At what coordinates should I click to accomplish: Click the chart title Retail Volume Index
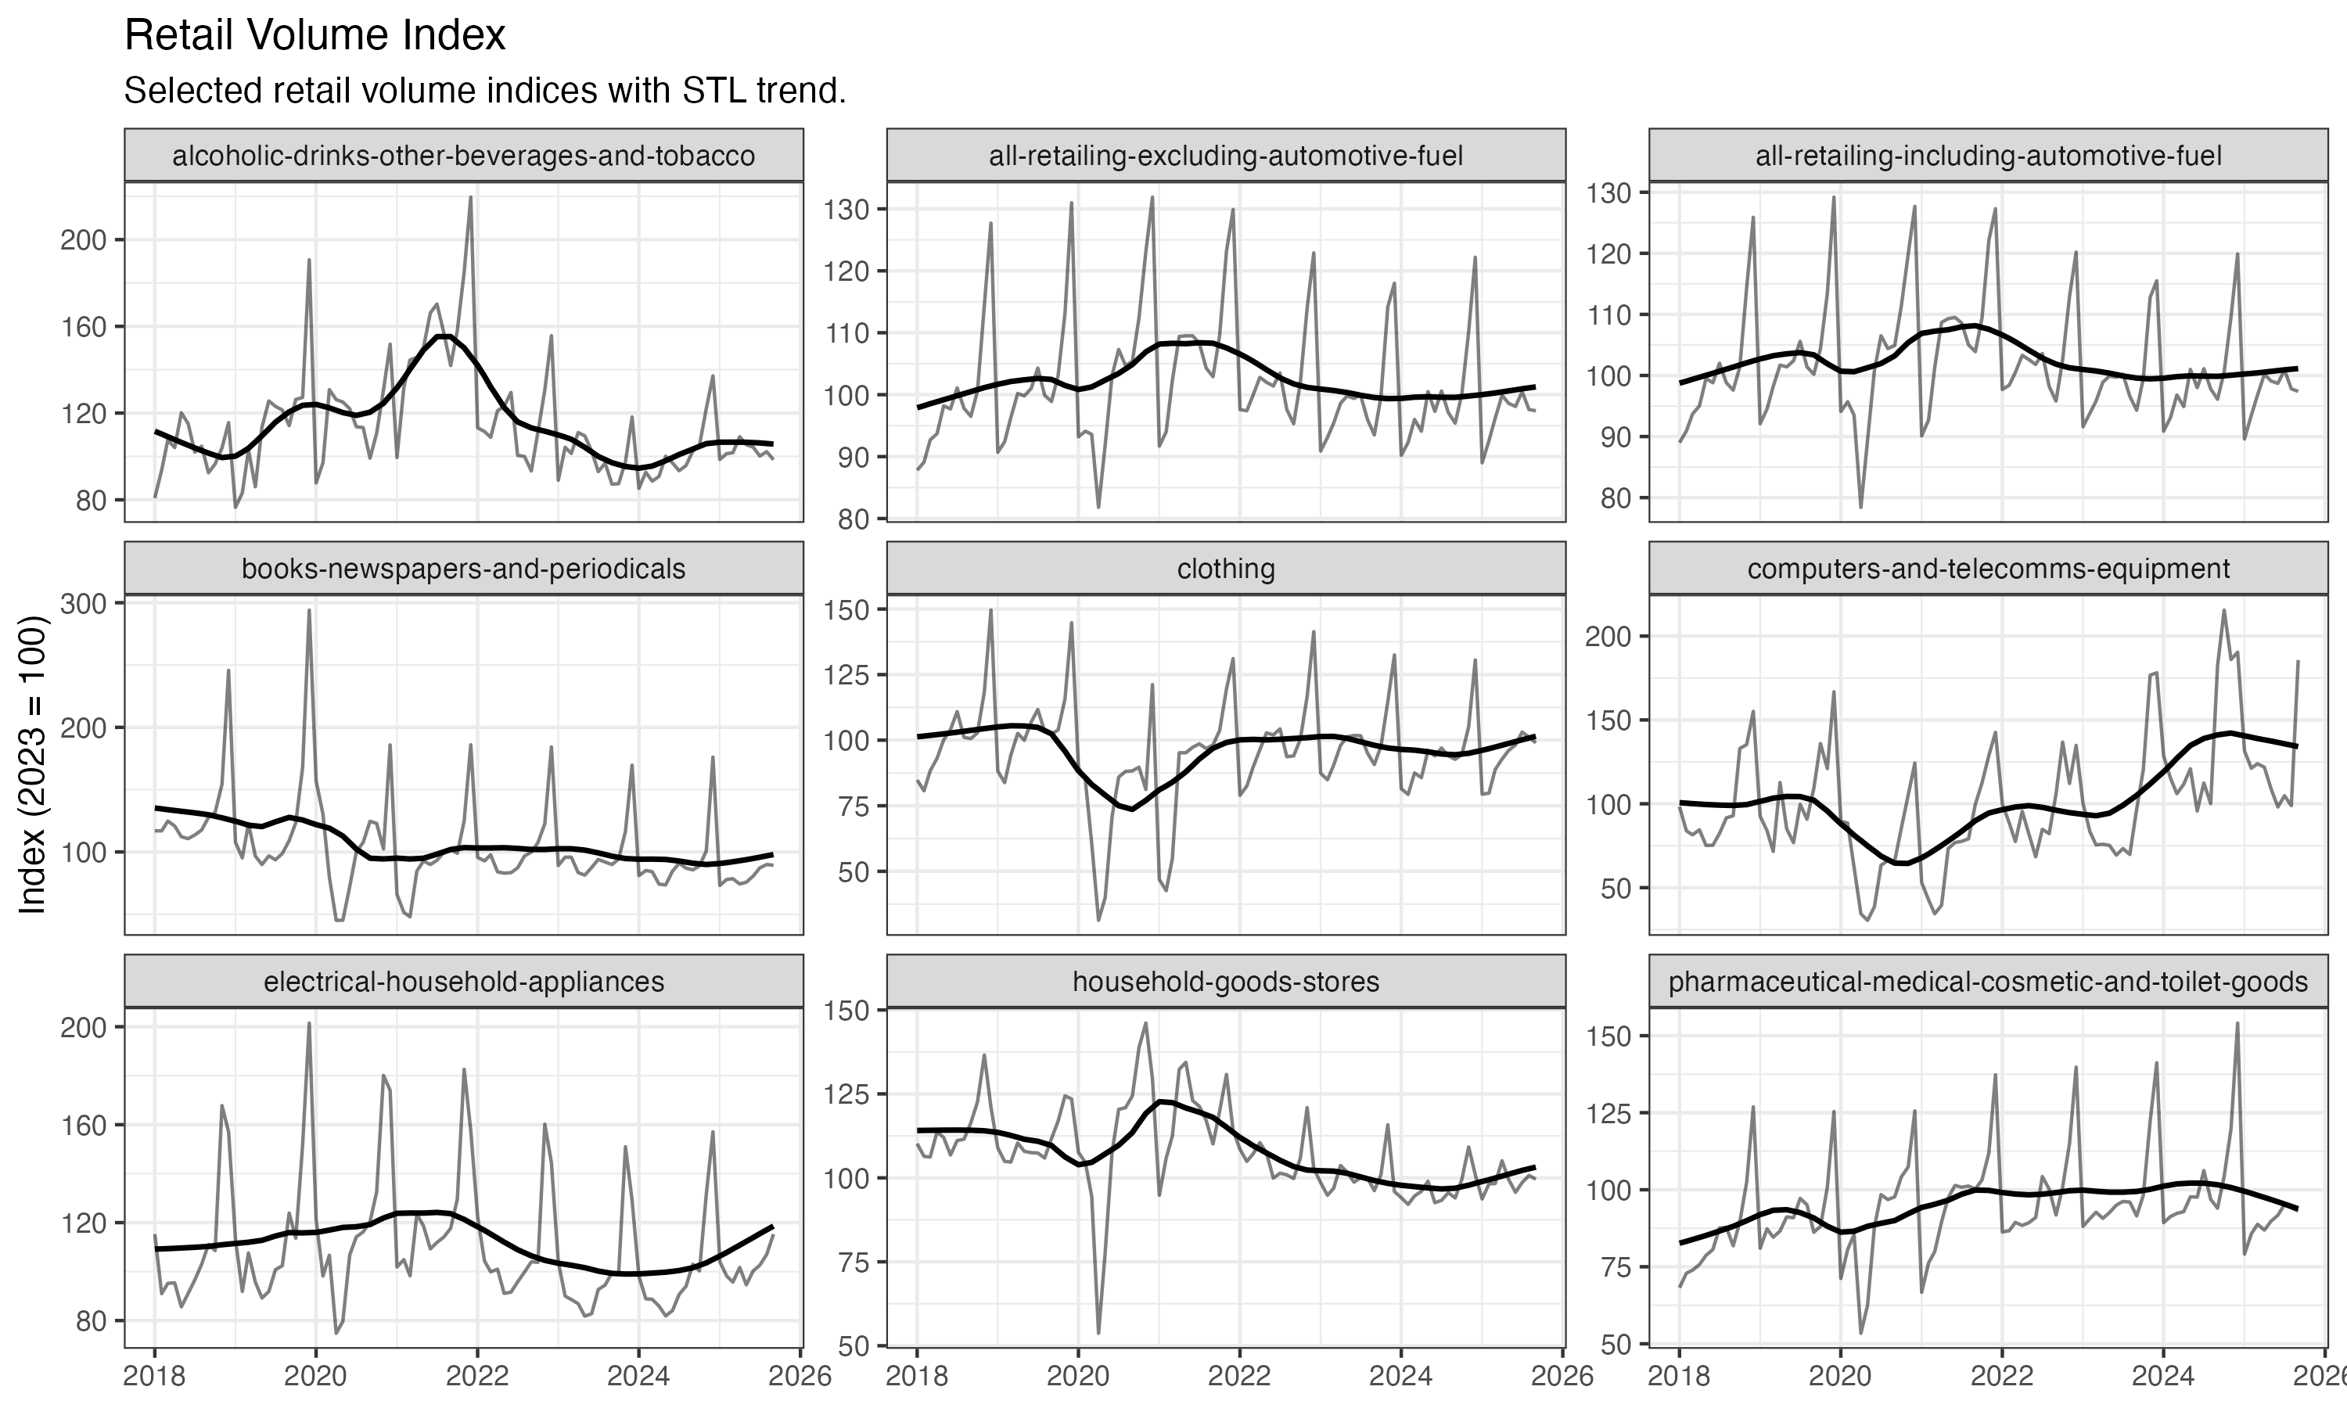point(315,36)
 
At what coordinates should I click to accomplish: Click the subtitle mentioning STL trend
point(485,91)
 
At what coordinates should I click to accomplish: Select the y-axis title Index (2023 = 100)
point(33,765)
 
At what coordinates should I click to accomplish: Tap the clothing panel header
point(1226,569)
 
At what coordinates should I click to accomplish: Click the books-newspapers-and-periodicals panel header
point(463,569)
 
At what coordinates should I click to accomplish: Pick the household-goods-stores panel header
point(1226,981)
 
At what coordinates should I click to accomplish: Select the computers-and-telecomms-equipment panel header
point(1989,569)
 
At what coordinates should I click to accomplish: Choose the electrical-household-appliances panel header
point(463,981)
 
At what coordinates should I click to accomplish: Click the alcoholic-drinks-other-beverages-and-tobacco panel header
point(463,156)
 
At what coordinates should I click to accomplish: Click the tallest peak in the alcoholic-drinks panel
point(470,197)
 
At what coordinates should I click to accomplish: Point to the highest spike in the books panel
point(309,610)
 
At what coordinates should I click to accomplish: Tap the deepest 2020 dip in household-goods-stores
point(1098,1332)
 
